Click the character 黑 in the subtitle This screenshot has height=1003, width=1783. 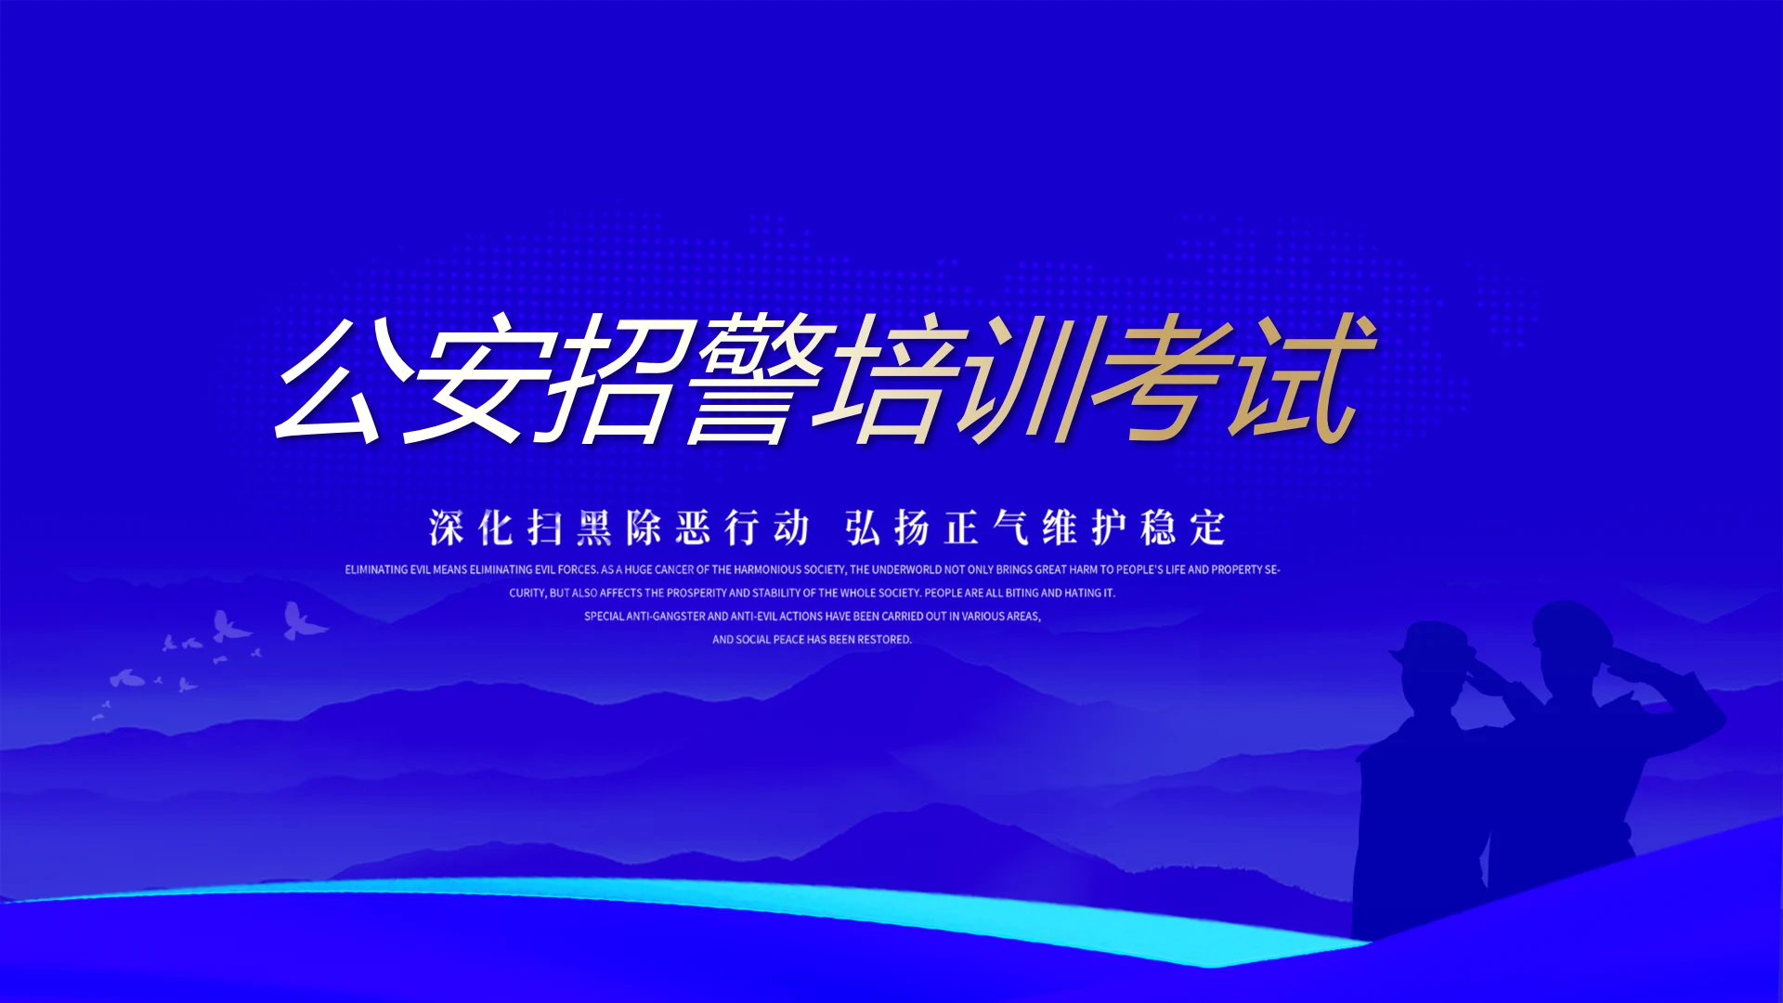[x=594, y=528]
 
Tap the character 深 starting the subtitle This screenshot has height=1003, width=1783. [x=447, y=528]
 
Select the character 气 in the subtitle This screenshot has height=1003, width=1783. [x=1010, y=528]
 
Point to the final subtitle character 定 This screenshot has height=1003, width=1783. [x=1208, y=528]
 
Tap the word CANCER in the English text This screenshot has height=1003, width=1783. [x=674, y=569]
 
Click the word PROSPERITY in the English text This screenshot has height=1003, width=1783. [x=696, y=593]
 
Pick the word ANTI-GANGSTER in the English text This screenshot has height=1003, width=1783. [x=666, y=616]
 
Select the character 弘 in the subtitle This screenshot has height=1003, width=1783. [x=863, y=528]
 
